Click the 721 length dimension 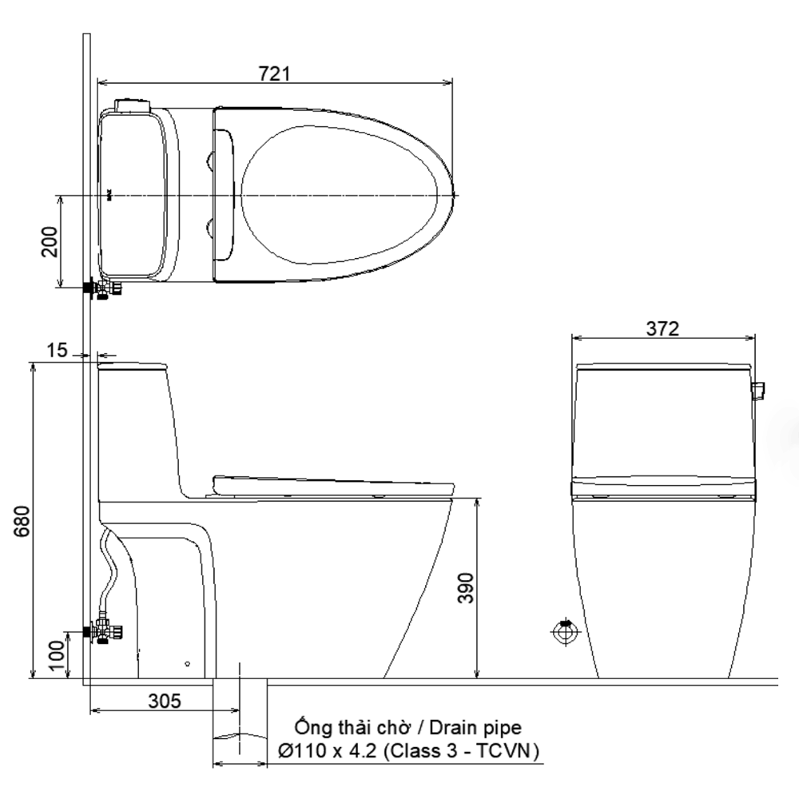click(x=275, y=74)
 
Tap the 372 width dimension click(x=662, y=328)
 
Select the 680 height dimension click(x=22, y=521)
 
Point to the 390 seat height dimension click(x=465, y=588)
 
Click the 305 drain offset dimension click(x=165, y=702)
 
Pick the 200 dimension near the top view click(x=50, y=242)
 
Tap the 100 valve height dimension click(x=58, y=656)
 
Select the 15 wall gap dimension click(x=57, y=351)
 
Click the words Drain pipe click(x=475, y=728)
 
